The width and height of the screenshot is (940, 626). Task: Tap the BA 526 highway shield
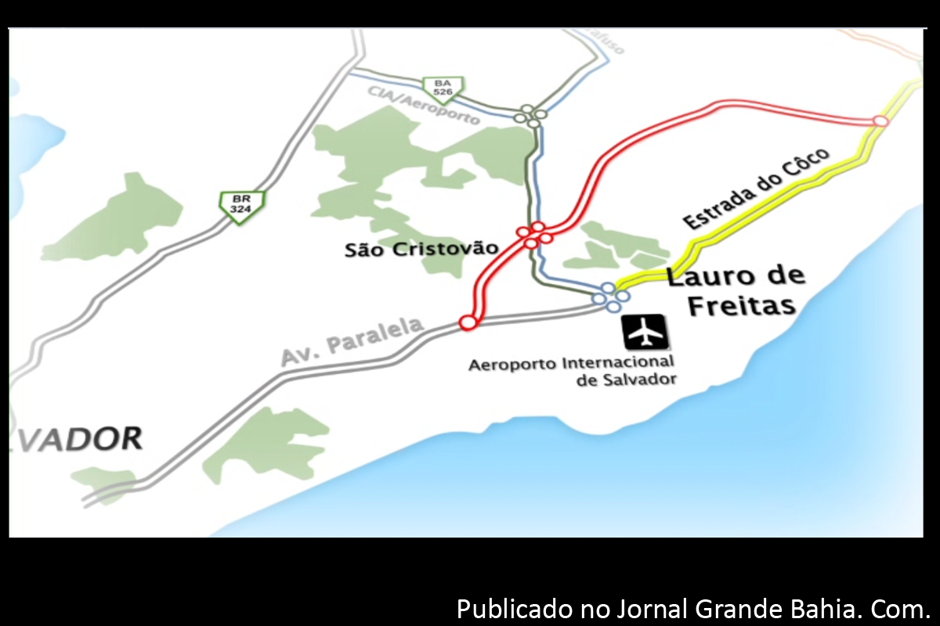tap(443, 88)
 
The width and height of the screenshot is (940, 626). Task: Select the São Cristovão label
tap(421, 249)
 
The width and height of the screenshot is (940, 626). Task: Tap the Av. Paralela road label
tap(352, 341)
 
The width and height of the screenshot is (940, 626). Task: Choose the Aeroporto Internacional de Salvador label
tap(571, 371)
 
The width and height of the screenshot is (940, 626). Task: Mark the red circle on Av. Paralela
tap(468, 322)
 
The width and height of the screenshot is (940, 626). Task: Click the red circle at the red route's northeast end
tap(880, 121)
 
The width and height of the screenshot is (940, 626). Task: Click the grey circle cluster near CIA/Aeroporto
tap(530, 116)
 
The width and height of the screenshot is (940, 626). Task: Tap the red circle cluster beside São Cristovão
tap(533, 234)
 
